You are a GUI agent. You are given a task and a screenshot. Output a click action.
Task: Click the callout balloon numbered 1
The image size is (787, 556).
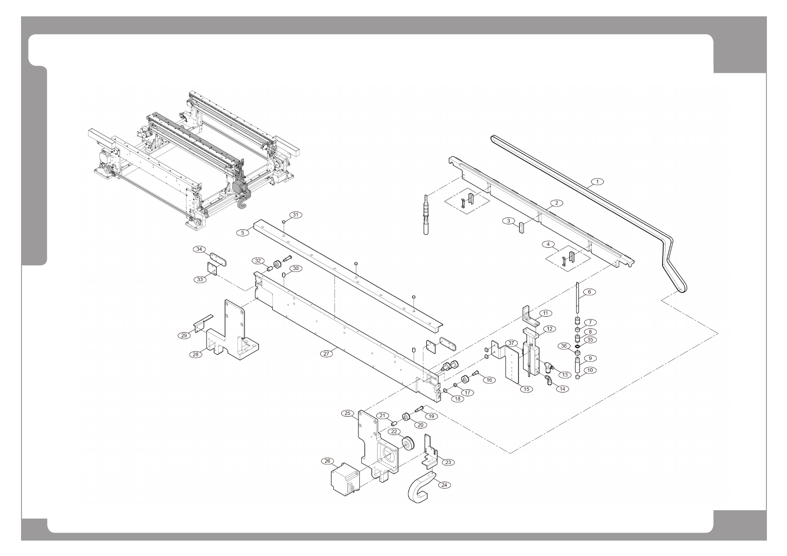tap(597, 181)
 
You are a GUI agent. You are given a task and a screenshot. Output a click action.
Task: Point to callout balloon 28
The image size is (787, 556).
tap(195, 354)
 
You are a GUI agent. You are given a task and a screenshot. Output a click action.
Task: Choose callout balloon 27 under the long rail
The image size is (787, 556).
tap(327, 354)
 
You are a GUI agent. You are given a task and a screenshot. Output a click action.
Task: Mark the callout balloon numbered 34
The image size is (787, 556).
tap(200, 249)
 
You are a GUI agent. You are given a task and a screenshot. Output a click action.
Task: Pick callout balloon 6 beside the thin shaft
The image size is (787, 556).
tap(589, 292)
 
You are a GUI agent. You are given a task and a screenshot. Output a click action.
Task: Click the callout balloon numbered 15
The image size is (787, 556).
tap(526, 389)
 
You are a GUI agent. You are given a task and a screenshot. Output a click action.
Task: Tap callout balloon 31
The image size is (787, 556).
tap(296, 215)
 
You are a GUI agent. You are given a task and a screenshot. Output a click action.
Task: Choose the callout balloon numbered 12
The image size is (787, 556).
tap(549, 329)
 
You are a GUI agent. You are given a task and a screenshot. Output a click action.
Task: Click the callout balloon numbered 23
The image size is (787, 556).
tap(448, 462)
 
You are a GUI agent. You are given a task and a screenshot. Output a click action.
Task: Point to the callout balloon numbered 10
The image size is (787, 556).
tap(589, 370)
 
